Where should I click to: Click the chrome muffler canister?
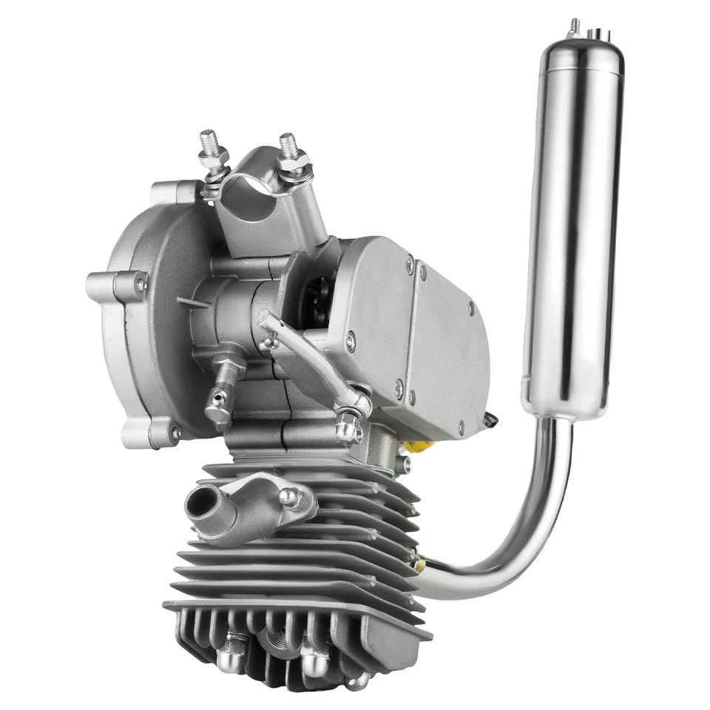tap(572, 222)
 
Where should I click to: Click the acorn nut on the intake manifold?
tap(290, 497)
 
